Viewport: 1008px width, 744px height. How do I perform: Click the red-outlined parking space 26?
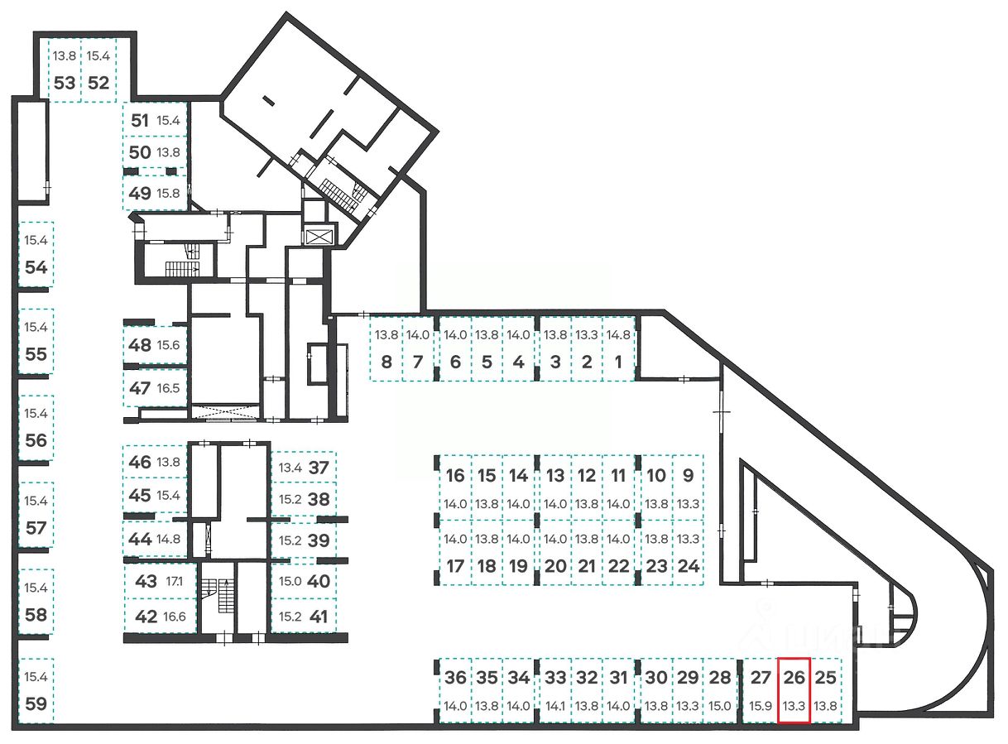pyautogui.click(x=794, y=690)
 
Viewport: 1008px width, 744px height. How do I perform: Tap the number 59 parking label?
pyautogui.click(x=36, y=706)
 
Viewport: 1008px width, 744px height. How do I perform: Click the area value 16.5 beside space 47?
pyautogui.click(x=168, y=388)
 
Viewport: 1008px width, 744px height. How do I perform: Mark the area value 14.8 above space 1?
pyautogui.click(x=618, y=336)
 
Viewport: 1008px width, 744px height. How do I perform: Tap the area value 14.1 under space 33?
pyautogui.click(x=555, y=707)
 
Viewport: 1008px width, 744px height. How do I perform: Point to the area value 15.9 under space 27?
pyautogui.click(x=760, y=707)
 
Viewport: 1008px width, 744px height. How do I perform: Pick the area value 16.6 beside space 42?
pyautogui.click(x=175, y=617)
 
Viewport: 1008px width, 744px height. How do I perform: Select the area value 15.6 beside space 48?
pyautogui.click(x=168, y=345)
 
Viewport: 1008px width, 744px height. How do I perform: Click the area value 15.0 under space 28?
pyautogui.click(x=720, y=707)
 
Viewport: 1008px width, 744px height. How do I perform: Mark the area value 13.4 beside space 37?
pyautogui.click(x=290, y=468)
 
